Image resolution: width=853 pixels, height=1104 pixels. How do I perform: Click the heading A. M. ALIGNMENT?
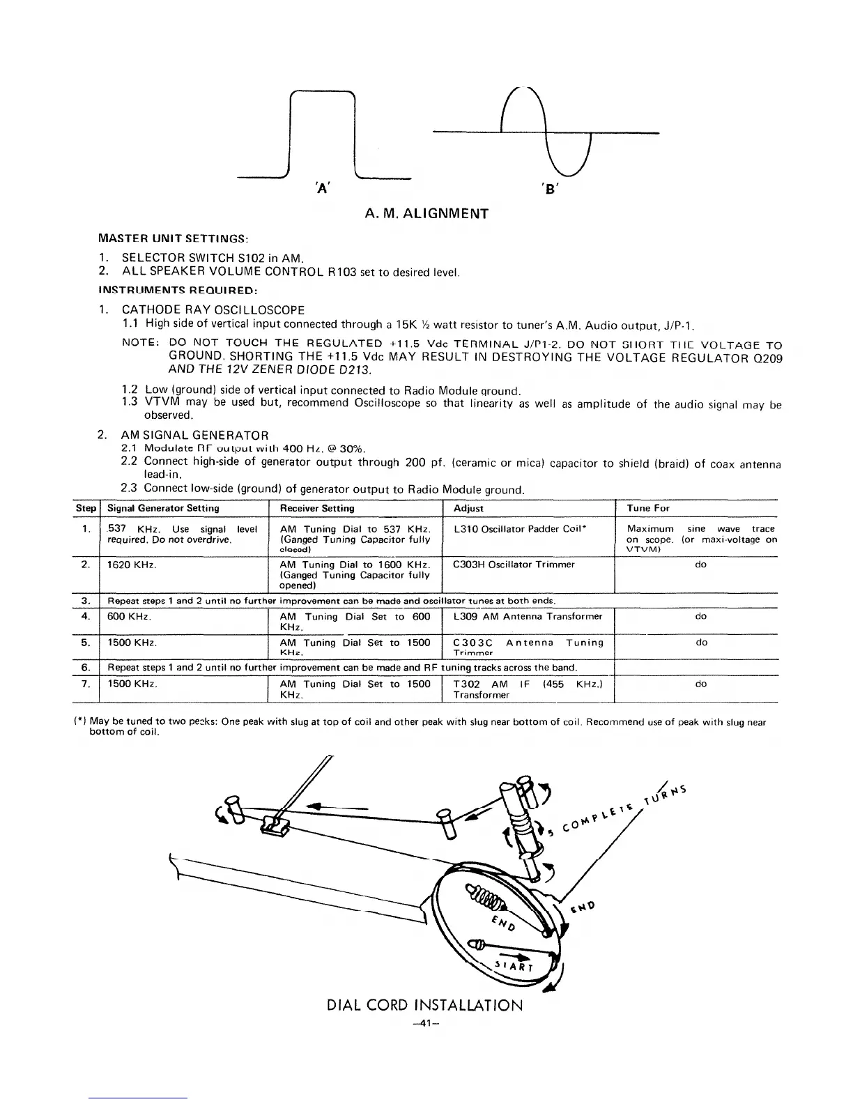pos(426,213)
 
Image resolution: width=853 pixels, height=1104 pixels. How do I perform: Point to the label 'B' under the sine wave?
pos(546,187)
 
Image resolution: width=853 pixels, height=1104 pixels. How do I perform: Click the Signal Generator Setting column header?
pos(163,508)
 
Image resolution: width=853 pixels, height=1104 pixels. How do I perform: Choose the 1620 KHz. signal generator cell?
pos(131,565)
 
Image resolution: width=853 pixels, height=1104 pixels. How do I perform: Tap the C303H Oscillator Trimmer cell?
pos(514,565)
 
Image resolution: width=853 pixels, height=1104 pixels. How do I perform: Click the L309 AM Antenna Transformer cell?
pos(528,616)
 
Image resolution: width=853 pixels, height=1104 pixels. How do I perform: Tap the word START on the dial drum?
pos(514,967)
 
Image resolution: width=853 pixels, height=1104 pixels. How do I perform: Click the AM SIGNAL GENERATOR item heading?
pos(195,436)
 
